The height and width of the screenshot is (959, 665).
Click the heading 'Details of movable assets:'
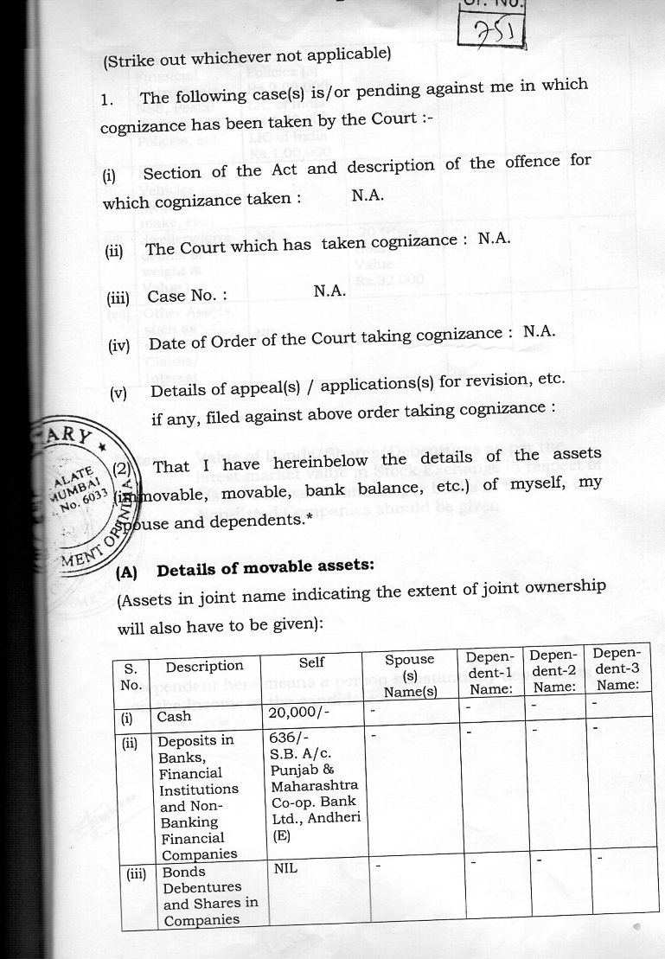(x=265, y=567)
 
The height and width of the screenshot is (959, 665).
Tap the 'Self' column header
(x=311, y=662)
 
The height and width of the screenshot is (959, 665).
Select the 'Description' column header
(x=204, y=666)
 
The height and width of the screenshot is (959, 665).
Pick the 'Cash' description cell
(x=174, y=716)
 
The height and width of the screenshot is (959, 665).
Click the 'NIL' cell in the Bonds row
(x=285, y=867)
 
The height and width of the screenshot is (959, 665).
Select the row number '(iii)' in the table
(x=136, y=873)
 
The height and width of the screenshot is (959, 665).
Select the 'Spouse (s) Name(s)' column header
(x=409, y=674)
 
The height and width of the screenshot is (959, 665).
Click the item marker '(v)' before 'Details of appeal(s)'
(x=118, y=393)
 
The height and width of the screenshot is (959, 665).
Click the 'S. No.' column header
(x=130, y=675)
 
